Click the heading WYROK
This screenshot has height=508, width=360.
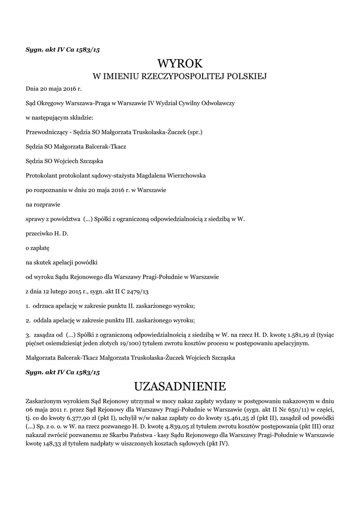tap(180, 63)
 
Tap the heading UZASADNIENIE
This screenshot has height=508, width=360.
tap(180, 385)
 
